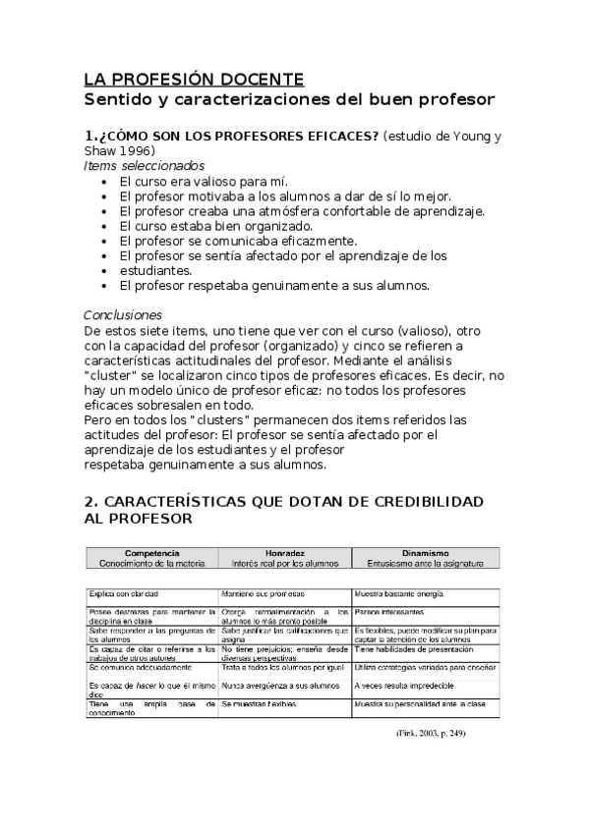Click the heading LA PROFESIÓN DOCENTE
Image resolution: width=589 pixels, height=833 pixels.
(194, 80)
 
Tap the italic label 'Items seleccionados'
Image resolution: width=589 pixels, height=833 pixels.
(145, 166)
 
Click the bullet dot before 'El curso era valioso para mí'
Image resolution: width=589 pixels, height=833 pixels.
(105, 182)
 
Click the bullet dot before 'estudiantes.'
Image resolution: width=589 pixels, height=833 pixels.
(105, 270)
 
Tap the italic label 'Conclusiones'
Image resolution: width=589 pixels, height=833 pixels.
(123, 315)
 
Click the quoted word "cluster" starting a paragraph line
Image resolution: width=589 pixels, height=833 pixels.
(111, 375)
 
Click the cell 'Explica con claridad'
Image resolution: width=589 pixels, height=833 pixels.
(124, 594)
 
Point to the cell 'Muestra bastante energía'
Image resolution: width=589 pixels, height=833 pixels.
(399, 594)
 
